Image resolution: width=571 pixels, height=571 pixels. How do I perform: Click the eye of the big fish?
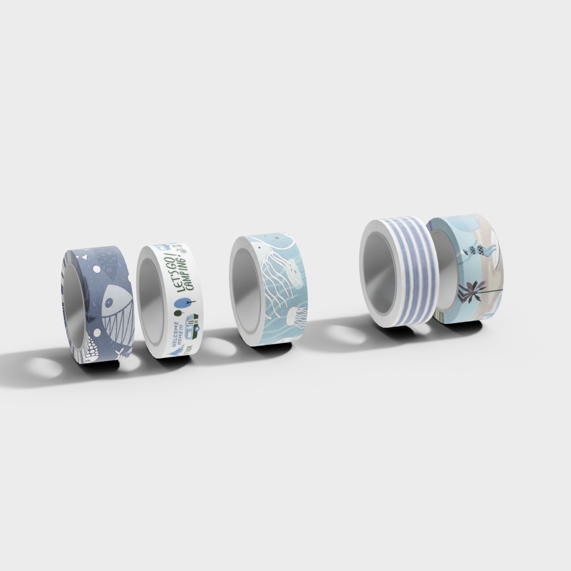(x=108, y=303)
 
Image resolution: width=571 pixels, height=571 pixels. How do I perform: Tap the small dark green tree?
(x=176, y=313)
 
